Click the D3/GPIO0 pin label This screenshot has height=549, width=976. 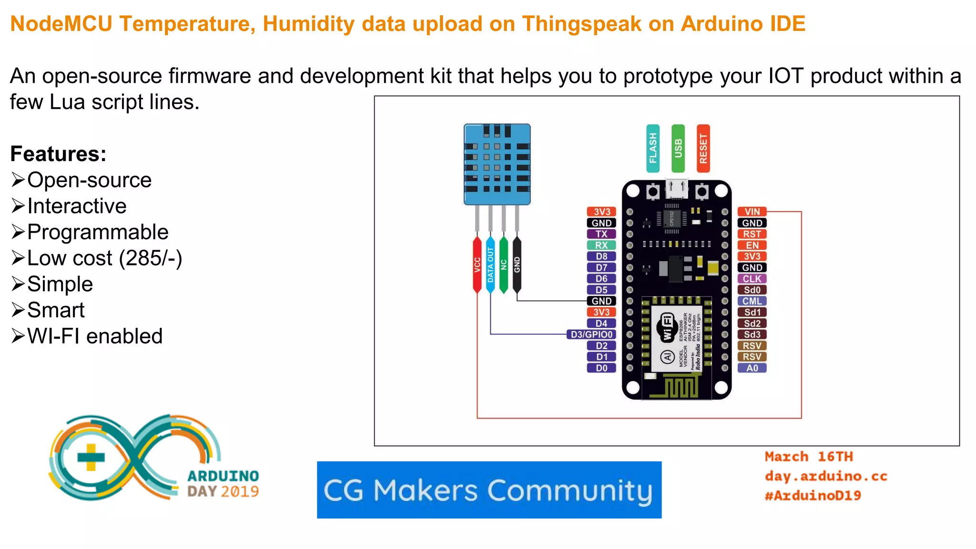coord(591,335)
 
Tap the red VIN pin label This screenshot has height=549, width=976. coord(752,212)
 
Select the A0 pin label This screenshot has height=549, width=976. coord(752,368)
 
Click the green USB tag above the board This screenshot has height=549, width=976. coord(678,148)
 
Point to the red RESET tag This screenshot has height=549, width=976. coord(703,148)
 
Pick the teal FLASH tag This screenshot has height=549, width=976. coord(653,148)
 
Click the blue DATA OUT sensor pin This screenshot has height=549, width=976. coord(490,264)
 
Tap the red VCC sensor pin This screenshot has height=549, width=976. coord(477,264)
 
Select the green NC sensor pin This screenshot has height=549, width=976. coord(504,264)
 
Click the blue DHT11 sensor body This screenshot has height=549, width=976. coord(497,164)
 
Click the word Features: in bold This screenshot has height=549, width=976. coord(58,154)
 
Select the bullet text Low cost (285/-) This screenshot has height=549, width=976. coord(104,258)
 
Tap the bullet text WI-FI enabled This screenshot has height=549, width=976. coord(95,336)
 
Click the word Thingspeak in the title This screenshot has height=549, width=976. coord(581,24)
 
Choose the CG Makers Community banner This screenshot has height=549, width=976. coord(489,490)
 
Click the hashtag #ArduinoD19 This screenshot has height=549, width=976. coord(813,496)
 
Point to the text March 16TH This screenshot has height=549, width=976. coord(809,457)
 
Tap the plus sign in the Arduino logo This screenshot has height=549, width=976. coord(91,457)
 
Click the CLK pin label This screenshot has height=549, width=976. coord(752,279)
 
